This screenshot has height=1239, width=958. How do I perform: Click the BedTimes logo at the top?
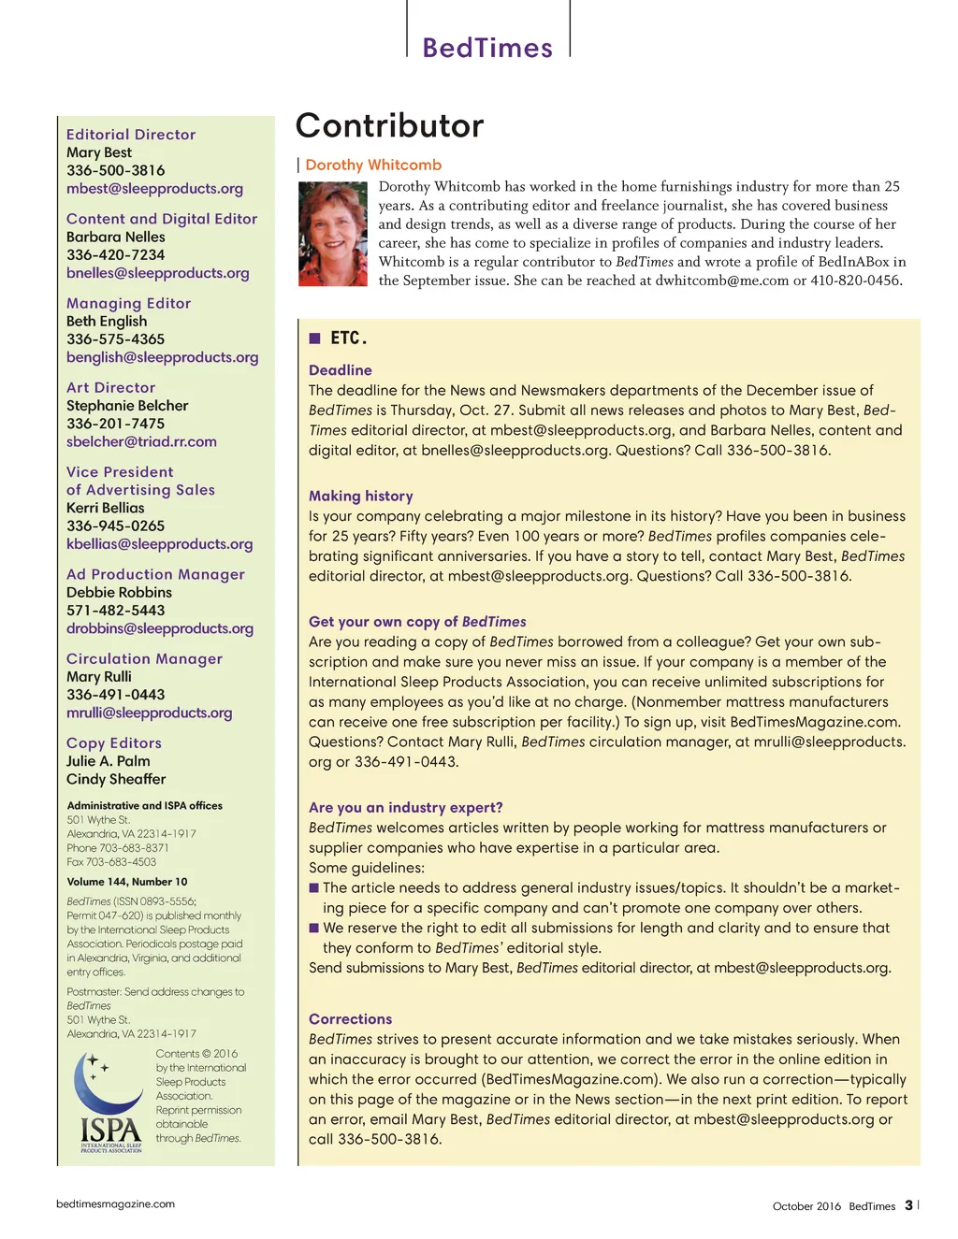487,48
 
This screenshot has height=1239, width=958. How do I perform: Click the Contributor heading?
390,125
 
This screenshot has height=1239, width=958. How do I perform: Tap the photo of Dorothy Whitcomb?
332,234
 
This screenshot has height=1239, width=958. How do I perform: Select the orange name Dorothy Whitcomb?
373,165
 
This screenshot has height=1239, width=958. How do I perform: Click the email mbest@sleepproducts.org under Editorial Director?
154,188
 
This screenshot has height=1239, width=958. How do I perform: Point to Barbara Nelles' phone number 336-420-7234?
115,254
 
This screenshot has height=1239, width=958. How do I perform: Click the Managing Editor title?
128,303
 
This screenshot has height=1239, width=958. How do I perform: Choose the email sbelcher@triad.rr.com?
141,441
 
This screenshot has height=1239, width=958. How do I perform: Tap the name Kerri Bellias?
106,508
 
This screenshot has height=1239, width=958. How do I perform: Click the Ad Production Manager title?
155,574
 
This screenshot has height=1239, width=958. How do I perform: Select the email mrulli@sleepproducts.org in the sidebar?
149,713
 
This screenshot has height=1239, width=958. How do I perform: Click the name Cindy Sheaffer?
116,779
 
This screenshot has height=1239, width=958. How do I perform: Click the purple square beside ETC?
315,338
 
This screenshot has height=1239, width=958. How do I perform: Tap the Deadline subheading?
341,370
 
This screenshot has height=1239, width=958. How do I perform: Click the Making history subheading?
361,496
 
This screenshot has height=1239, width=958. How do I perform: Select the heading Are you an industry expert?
406,807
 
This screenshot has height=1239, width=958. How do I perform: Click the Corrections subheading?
351,1018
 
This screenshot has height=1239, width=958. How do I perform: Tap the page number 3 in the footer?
908,1205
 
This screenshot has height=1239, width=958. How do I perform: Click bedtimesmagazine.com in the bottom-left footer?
115,1204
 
